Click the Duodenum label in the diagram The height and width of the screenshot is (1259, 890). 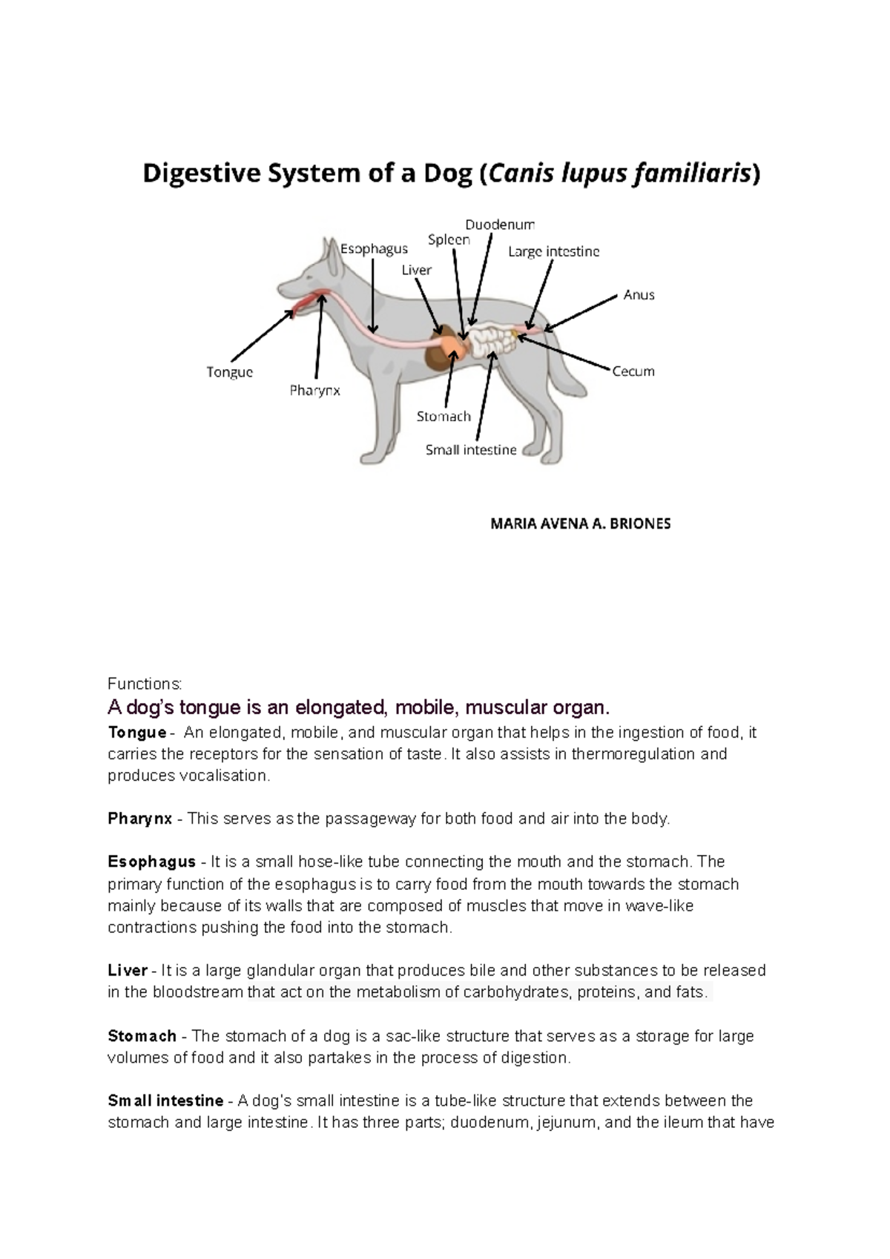click(499, 224)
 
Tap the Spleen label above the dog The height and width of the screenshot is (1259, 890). click(449, 239)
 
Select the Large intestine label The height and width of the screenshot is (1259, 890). click(553, 251)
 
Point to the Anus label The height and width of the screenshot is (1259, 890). click(639, 294)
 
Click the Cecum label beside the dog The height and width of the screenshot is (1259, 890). click(633, 371)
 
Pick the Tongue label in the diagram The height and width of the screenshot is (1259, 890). click(229, 371)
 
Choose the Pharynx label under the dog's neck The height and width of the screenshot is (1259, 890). click(314, 390)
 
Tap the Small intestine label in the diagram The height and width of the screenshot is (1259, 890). click(470, 449)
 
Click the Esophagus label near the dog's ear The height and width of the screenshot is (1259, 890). click(374, 248)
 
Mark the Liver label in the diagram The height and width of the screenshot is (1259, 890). click(416, 270)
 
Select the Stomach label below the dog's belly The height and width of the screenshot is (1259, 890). click(444, 416)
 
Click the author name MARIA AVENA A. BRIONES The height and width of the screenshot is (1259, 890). click(580, 523)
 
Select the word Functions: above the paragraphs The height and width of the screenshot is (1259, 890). click(145, 683)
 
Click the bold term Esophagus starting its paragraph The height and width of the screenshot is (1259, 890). click(151, 862)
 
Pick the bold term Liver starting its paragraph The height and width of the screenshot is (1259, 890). click(128, 970)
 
